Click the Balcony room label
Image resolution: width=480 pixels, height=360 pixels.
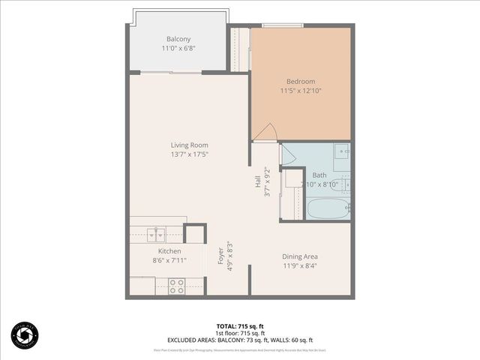click(x=179, y=39)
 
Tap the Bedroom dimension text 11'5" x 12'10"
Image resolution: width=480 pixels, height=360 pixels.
click(x=300, y=91)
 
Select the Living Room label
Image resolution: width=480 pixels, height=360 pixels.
click(x=189, y=145)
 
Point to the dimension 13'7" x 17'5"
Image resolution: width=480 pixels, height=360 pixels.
click(x=189, y=154)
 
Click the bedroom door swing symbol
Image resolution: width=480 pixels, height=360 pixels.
click(x=265, y=133)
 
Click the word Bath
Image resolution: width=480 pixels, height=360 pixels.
click(x=319, y=175)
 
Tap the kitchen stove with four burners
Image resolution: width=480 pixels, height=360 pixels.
click(x=177, y=286)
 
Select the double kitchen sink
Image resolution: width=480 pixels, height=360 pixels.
click(x=157, y=231)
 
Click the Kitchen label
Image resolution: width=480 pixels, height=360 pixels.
click(x=169, y=250)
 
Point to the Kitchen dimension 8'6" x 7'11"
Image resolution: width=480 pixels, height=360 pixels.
click(x=169, y=260)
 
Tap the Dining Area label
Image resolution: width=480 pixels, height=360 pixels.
click(x=300, y=256)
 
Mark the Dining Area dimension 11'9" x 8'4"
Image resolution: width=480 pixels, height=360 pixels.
click(x=300, y=265)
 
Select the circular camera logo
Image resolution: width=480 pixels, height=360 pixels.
click(x=25, y=334)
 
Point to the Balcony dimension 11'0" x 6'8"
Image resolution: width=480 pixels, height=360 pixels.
click(x=179, y=49)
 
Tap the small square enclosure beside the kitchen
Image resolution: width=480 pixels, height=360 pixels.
click(x=195, y=233)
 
